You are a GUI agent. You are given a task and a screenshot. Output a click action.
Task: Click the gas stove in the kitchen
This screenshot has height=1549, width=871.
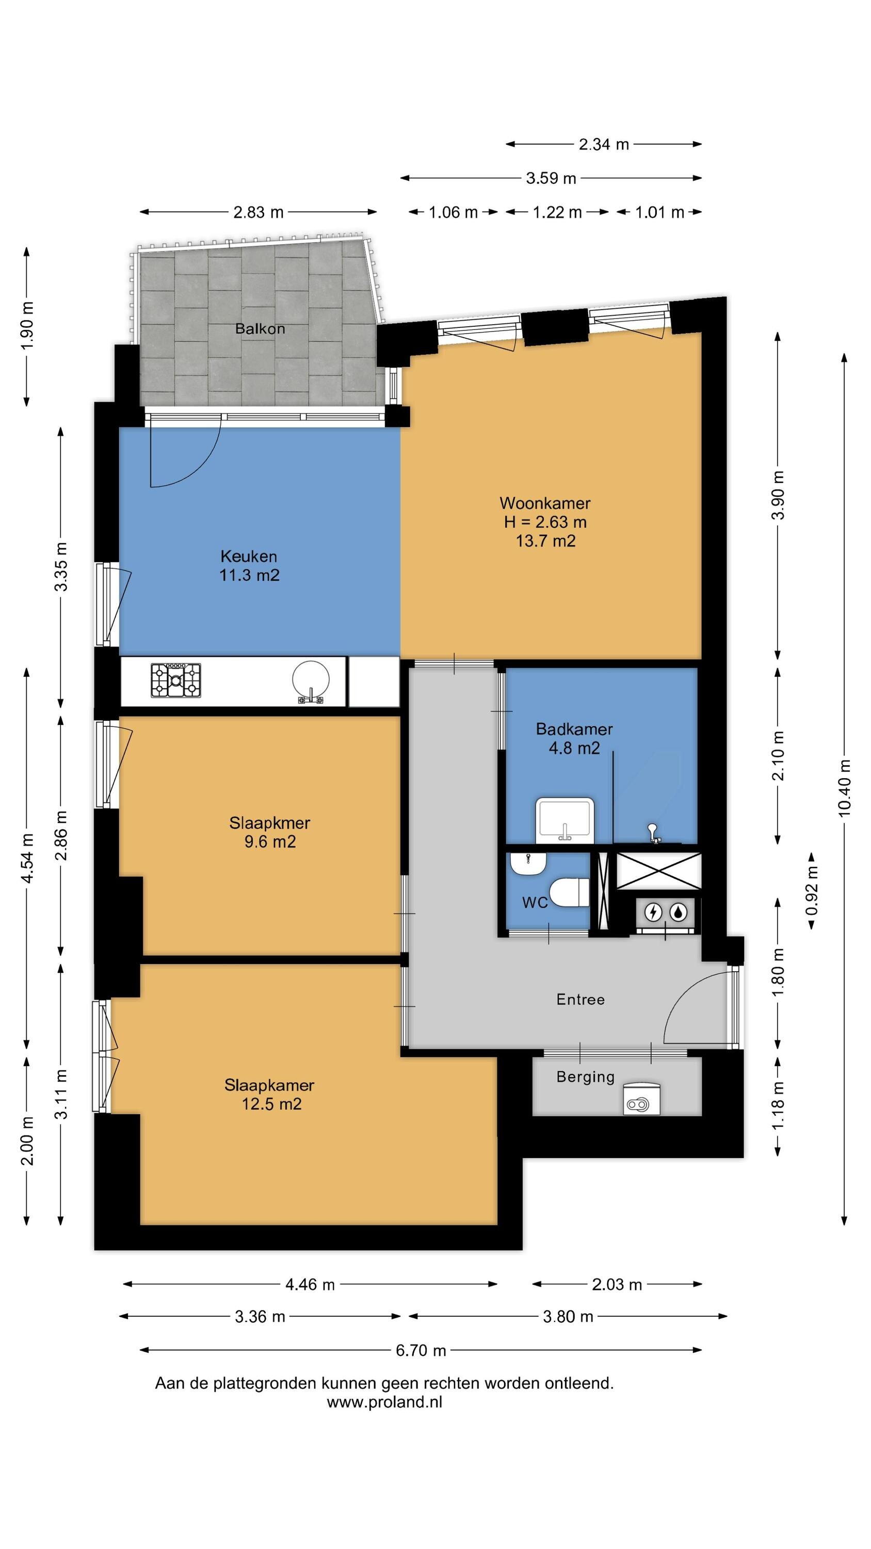coord(175,680)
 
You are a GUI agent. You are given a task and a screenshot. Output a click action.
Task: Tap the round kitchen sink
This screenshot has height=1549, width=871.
coord(311,681)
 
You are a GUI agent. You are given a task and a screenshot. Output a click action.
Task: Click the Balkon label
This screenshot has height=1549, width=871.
coord(260,328)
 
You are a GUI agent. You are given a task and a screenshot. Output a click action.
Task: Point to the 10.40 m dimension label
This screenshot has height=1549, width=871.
coord(845,788)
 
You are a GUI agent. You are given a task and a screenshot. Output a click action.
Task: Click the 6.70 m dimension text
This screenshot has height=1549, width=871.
coord(421,1350)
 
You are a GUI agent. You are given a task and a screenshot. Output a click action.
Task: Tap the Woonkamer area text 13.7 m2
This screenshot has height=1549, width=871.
coord(546,541)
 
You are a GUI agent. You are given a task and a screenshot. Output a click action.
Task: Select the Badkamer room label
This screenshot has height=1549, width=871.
coord(574,730)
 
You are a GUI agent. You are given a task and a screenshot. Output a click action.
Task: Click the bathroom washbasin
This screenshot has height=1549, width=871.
coord(564,819)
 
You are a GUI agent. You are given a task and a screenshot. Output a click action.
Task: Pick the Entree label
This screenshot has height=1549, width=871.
coord(580,1000)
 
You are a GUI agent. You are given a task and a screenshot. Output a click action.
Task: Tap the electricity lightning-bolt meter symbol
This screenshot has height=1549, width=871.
coord(653,912)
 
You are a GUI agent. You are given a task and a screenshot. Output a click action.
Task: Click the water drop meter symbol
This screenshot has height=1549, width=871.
coord(679,912)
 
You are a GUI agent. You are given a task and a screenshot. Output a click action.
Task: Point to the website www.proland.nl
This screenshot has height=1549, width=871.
coord(385,1402)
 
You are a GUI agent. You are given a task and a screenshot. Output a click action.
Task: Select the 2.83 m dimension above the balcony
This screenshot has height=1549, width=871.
coord(259,212)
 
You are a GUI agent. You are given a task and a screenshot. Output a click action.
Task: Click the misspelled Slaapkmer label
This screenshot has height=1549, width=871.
coord(270,823)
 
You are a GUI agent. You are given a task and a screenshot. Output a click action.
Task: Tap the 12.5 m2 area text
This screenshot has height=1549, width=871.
coord(272,1103)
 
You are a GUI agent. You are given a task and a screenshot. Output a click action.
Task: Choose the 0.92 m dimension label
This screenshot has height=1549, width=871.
coord(812,890)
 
